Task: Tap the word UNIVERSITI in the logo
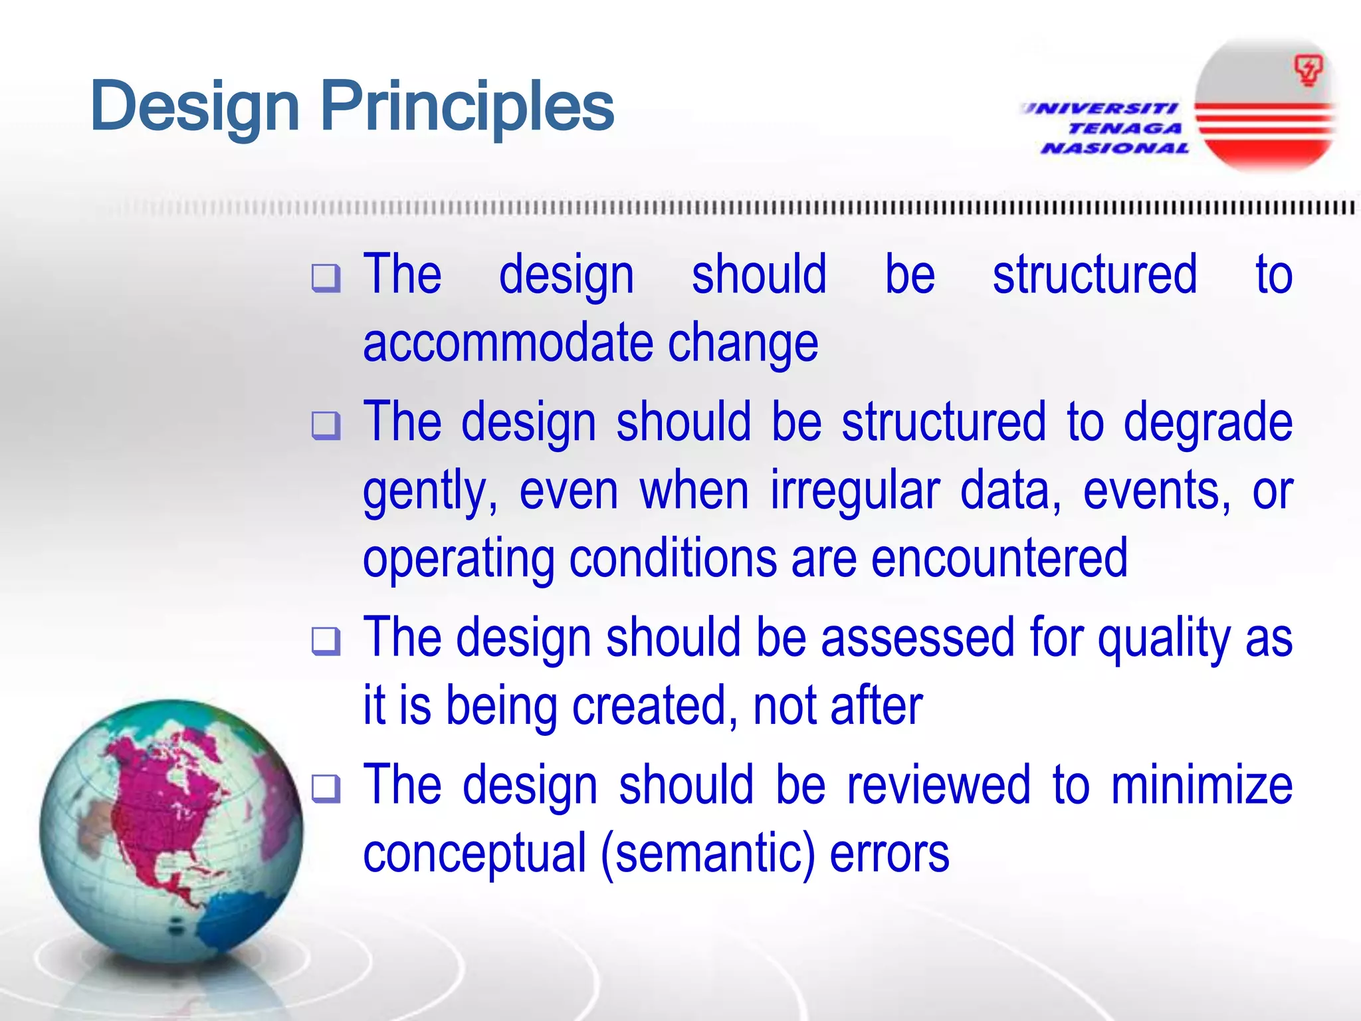click(1100, 108)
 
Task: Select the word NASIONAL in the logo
click(1115, 148)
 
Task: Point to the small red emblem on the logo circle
click(1308, 70)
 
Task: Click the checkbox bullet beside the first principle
click(326, 278)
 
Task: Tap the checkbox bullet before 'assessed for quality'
click(326, 641)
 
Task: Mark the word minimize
click(1202, 786)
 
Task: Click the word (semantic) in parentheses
click(708, 855)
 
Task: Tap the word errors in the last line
click(889, 855)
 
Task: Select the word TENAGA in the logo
click(1125, 128)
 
